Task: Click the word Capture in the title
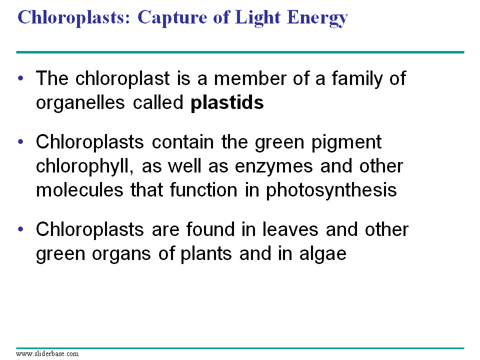172,18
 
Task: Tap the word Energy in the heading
317,18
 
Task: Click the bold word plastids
227,102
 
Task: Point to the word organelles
80,103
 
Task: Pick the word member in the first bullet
250,78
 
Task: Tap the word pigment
346,143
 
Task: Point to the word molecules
79,190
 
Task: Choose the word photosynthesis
331,190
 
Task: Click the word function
203,190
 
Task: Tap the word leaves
290,229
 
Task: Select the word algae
322,254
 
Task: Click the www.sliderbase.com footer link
47,353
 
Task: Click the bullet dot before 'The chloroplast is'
20,78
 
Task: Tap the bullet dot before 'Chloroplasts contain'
20,141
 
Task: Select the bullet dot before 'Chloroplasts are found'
20,229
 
